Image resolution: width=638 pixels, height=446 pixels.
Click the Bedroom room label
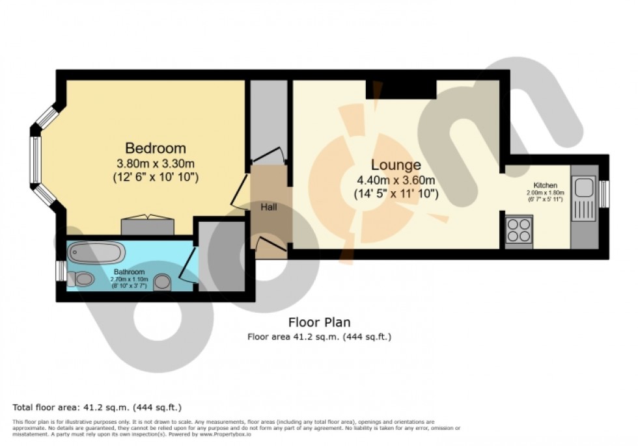coord(156,148)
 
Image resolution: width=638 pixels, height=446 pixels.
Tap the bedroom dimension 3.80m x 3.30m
coord(156,163)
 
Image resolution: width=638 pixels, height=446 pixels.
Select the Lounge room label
coord(396,164)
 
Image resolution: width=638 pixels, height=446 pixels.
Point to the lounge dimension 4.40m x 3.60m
coord(396,180)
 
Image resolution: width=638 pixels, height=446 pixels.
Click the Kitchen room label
coord(546,185)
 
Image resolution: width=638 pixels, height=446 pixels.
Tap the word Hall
coord(269,207)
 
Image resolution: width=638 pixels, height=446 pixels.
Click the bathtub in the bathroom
coord(96,252)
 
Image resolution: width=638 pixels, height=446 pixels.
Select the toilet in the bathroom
coord(83,280)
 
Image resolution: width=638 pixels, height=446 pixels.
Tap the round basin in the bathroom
coord(163,282)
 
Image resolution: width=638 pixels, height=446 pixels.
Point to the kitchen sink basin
coord(583,187)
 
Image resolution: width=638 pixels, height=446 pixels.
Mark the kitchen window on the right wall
coord(604,194)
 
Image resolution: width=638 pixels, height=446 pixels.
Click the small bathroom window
coord(60,270)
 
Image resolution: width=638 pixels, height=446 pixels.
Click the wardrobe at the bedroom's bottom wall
coord(147,226)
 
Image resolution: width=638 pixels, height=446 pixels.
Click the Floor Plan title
coord(319,322)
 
